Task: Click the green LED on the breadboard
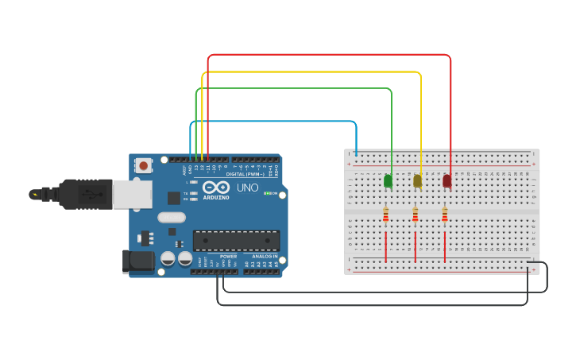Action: click(388, 181)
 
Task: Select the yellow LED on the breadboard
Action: click(417, 181)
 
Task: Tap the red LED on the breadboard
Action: click(447, 181)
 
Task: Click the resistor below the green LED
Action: click(386, 215)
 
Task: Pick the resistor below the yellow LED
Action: click(416, 215)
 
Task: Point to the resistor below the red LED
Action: click(445, 215)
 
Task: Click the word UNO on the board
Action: click(248, 189)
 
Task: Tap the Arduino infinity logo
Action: click(215, 188)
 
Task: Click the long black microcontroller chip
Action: click(236, 241)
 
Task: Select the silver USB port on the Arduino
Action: click(132, 194)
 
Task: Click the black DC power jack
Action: click(137, 261)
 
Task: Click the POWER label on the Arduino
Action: click(228, 257)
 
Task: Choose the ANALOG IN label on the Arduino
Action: click(265, 257)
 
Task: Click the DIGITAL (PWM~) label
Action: click(246, 173)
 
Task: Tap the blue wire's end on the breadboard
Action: click(356, 153)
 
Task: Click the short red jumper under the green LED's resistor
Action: click(386, 246)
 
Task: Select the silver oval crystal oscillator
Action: click(172, 217)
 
